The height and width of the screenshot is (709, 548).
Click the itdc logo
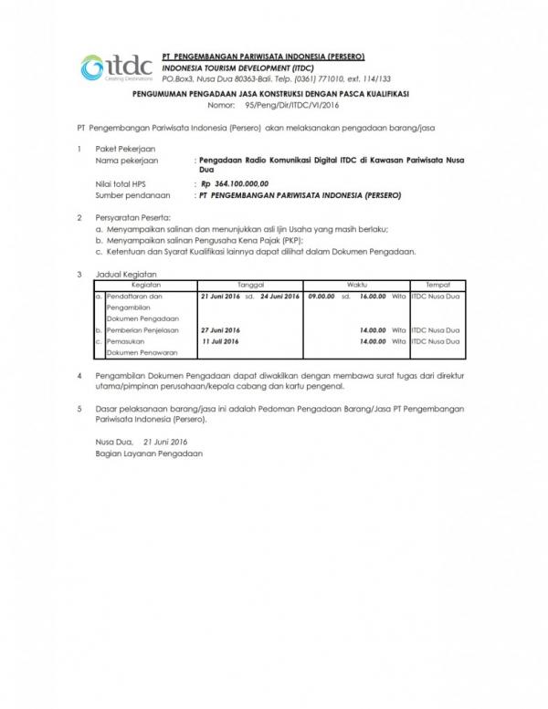104,68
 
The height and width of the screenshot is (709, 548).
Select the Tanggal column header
249,285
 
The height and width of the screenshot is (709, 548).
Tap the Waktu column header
357,285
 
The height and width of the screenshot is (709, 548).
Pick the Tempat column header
436,285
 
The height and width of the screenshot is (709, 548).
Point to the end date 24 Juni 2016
279,296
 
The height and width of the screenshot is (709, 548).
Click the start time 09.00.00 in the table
321,296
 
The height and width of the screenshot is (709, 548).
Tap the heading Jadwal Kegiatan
127,275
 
